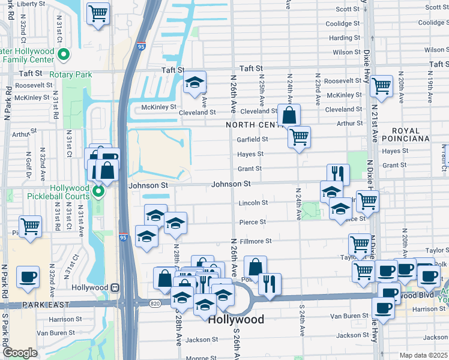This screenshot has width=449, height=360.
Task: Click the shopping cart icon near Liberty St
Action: (x=98, y=13)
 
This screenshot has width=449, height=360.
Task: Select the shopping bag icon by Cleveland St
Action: (x=289, y=115)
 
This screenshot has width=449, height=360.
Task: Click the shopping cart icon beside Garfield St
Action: (x=298, y=137)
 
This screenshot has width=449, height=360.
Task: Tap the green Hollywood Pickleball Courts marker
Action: (x=98, y=191)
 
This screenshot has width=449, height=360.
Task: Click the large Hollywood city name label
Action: (x=237, y=320)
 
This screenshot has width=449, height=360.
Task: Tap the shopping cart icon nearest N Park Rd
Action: (x=30, y=226)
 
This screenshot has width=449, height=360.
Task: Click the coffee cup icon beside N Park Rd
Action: (x=28, y=277)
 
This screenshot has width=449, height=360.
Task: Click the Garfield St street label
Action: (x=252, y=139)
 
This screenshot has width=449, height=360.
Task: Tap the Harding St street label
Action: (x=345, y=38)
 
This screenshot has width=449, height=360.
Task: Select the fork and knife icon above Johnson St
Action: (x=338, y=174)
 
